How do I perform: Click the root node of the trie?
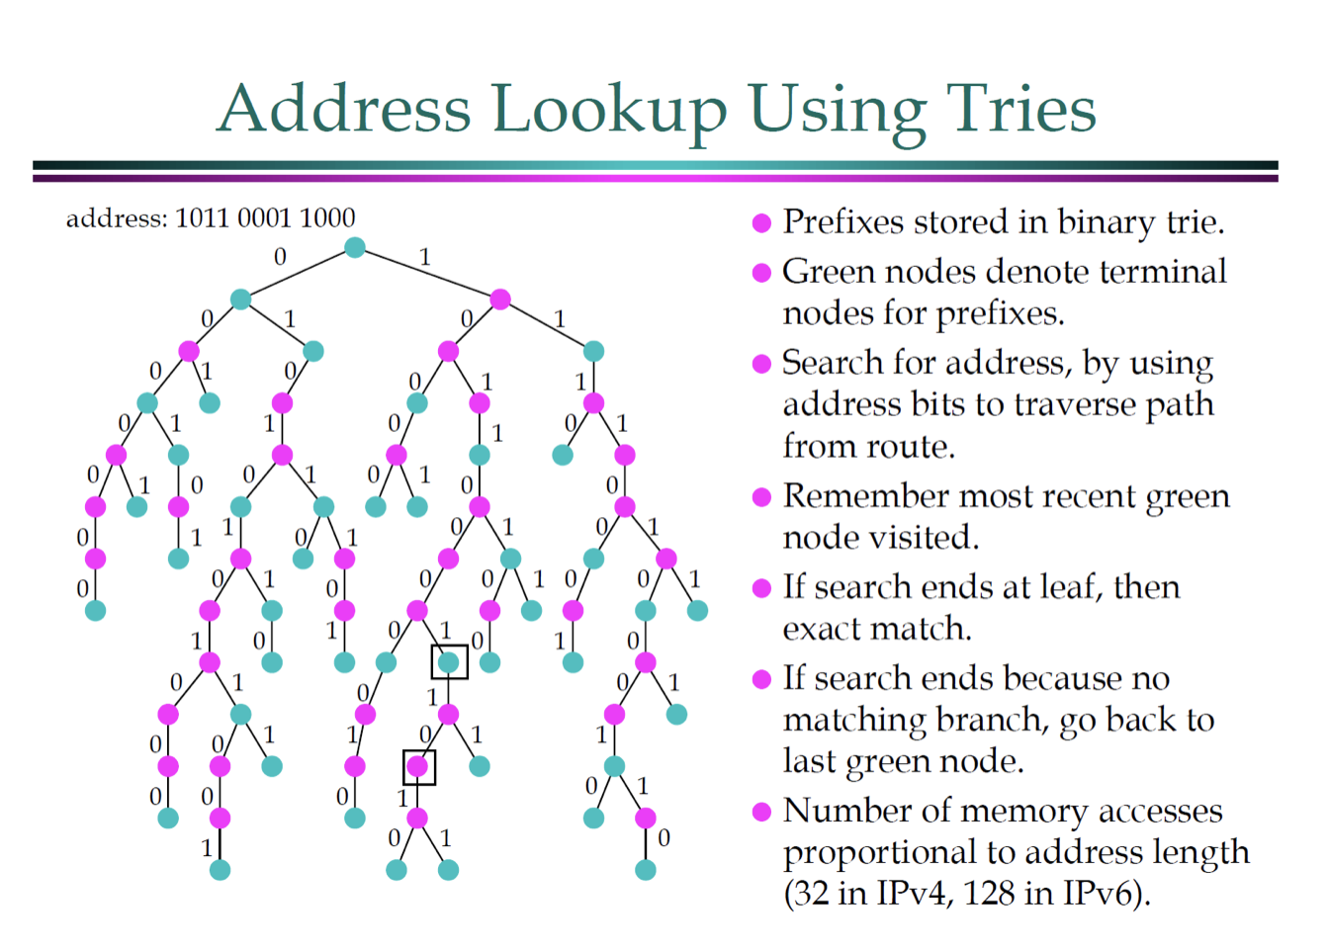[355, 247]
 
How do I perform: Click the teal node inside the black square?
[449, 662]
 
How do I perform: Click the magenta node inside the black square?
[418, 766]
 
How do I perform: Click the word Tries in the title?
[1021, 108]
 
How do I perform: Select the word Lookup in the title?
[608, 110]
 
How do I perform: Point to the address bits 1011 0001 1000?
[265, 217]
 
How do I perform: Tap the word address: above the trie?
[116, 218]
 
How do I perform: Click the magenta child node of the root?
[500, 299]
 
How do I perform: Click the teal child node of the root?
[240, 299]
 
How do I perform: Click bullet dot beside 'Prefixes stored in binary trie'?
[761, 223]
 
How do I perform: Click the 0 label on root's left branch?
[280, 257]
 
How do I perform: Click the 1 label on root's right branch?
[425, 257]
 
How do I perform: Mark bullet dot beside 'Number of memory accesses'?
[761, 813]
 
